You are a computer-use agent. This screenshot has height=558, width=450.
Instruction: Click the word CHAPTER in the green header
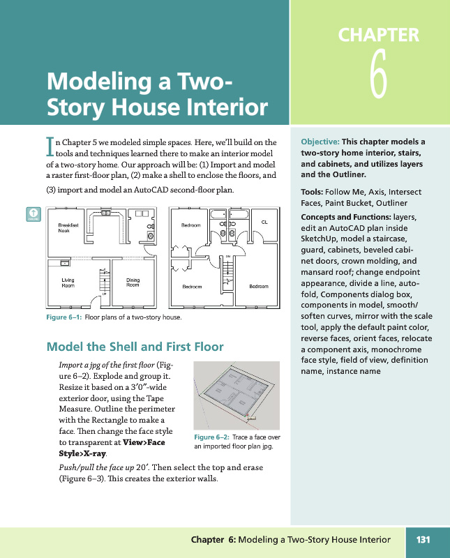point(378,35)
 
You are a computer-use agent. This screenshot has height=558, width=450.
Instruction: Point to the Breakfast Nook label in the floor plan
point(68,227)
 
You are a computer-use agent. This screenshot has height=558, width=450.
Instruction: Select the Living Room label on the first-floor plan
point(68,282)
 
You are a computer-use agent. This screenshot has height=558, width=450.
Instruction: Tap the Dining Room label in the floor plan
point(133,282)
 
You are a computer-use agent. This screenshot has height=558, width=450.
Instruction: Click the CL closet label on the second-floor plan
point(264,222)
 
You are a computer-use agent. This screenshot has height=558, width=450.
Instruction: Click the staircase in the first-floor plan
point(104,281)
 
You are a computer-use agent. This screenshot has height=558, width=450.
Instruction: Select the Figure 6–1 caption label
point(64,318)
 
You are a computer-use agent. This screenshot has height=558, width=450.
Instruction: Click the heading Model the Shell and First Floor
point(135,347)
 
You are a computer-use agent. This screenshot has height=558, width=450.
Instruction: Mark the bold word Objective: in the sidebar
point(320,142)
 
